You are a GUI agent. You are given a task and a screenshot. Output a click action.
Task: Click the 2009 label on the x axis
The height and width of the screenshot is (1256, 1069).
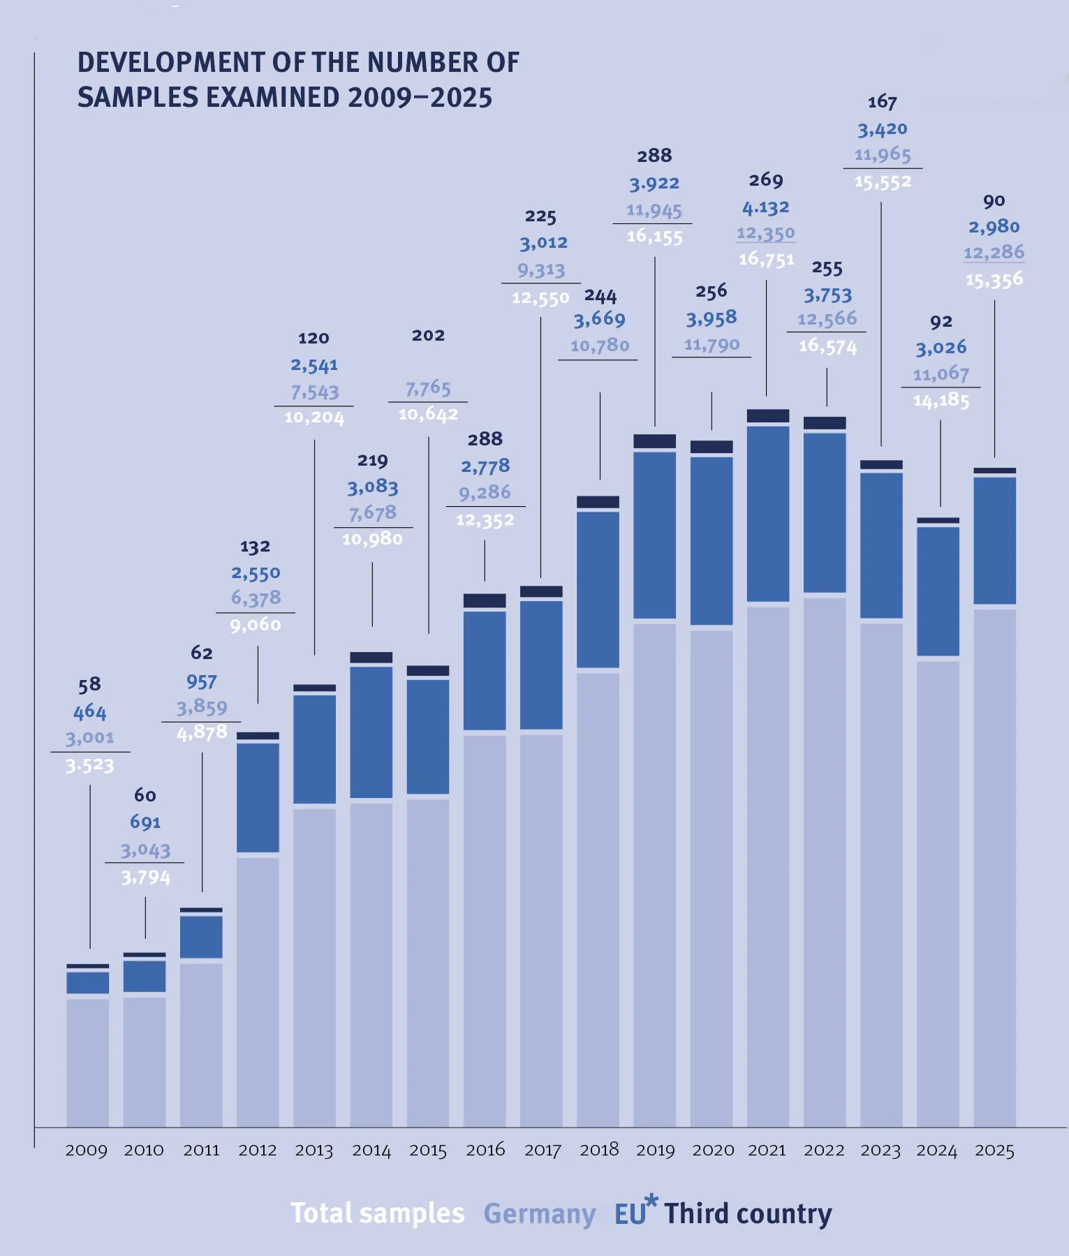pos(87,1150)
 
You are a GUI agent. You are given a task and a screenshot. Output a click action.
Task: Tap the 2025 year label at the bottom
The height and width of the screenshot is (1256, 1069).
pos(994,1150)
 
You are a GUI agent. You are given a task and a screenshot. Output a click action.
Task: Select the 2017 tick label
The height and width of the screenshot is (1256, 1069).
pos(543,1150)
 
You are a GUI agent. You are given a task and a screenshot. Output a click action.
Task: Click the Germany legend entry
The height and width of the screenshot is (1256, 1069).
pos(540,1214)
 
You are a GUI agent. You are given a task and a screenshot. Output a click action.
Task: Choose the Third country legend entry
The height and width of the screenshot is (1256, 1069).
pos(748,1214)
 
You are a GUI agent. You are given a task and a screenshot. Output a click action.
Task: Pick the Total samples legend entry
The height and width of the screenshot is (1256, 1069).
pos(378,1213)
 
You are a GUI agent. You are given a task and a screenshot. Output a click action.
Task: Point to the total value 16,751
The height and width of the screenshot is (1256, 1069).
pos(767,260)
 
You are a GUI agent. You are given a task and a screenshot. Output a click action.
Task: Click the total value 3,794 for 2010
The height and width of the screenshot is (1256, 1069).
pos(146,878)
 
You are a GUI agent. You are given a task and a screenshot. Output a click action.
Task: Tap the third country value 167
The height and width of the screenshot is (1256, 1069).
pos(883,103)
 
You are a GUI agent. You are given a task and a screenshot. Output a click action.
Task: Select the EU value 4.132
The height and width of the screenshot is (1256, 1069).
pos(766,208)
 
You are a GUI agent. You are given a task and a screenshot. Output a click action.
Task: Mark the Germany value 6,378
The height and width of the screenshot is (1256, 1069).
pos(256,598)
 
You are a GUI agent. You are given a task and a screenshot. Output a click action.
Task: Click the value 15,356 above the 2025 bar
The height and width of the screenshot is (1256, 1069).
pos(994,280)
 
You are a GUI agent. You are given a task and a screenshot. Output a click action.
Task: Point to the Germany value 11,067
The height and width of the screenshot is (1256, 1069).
pos(941,374)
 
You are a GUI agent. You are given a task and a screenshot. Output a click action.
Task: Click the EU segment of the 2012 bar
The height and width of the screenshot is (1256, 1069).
pos(258,797)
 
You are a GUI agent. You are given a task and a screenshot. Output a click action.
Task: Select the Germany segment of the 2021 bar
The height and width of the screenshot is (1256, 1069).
pos(768,866)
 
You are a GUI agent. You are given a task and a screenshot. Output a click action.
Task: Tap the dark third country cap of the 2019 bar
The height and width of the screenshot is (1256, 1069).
pos(655,441)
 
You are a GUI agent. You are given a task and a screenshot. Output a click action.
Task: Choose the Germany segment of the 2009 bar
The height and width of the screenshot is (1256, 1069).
pos(88,1061)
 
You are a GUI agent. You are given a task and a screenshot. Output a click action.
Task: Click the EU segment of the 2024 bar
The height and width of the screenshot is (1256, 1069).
pos(938,591)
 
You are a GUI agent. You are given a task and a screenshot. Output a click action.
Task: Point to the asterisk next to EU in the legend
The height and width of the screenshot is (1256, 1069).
pos(651,1200)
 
